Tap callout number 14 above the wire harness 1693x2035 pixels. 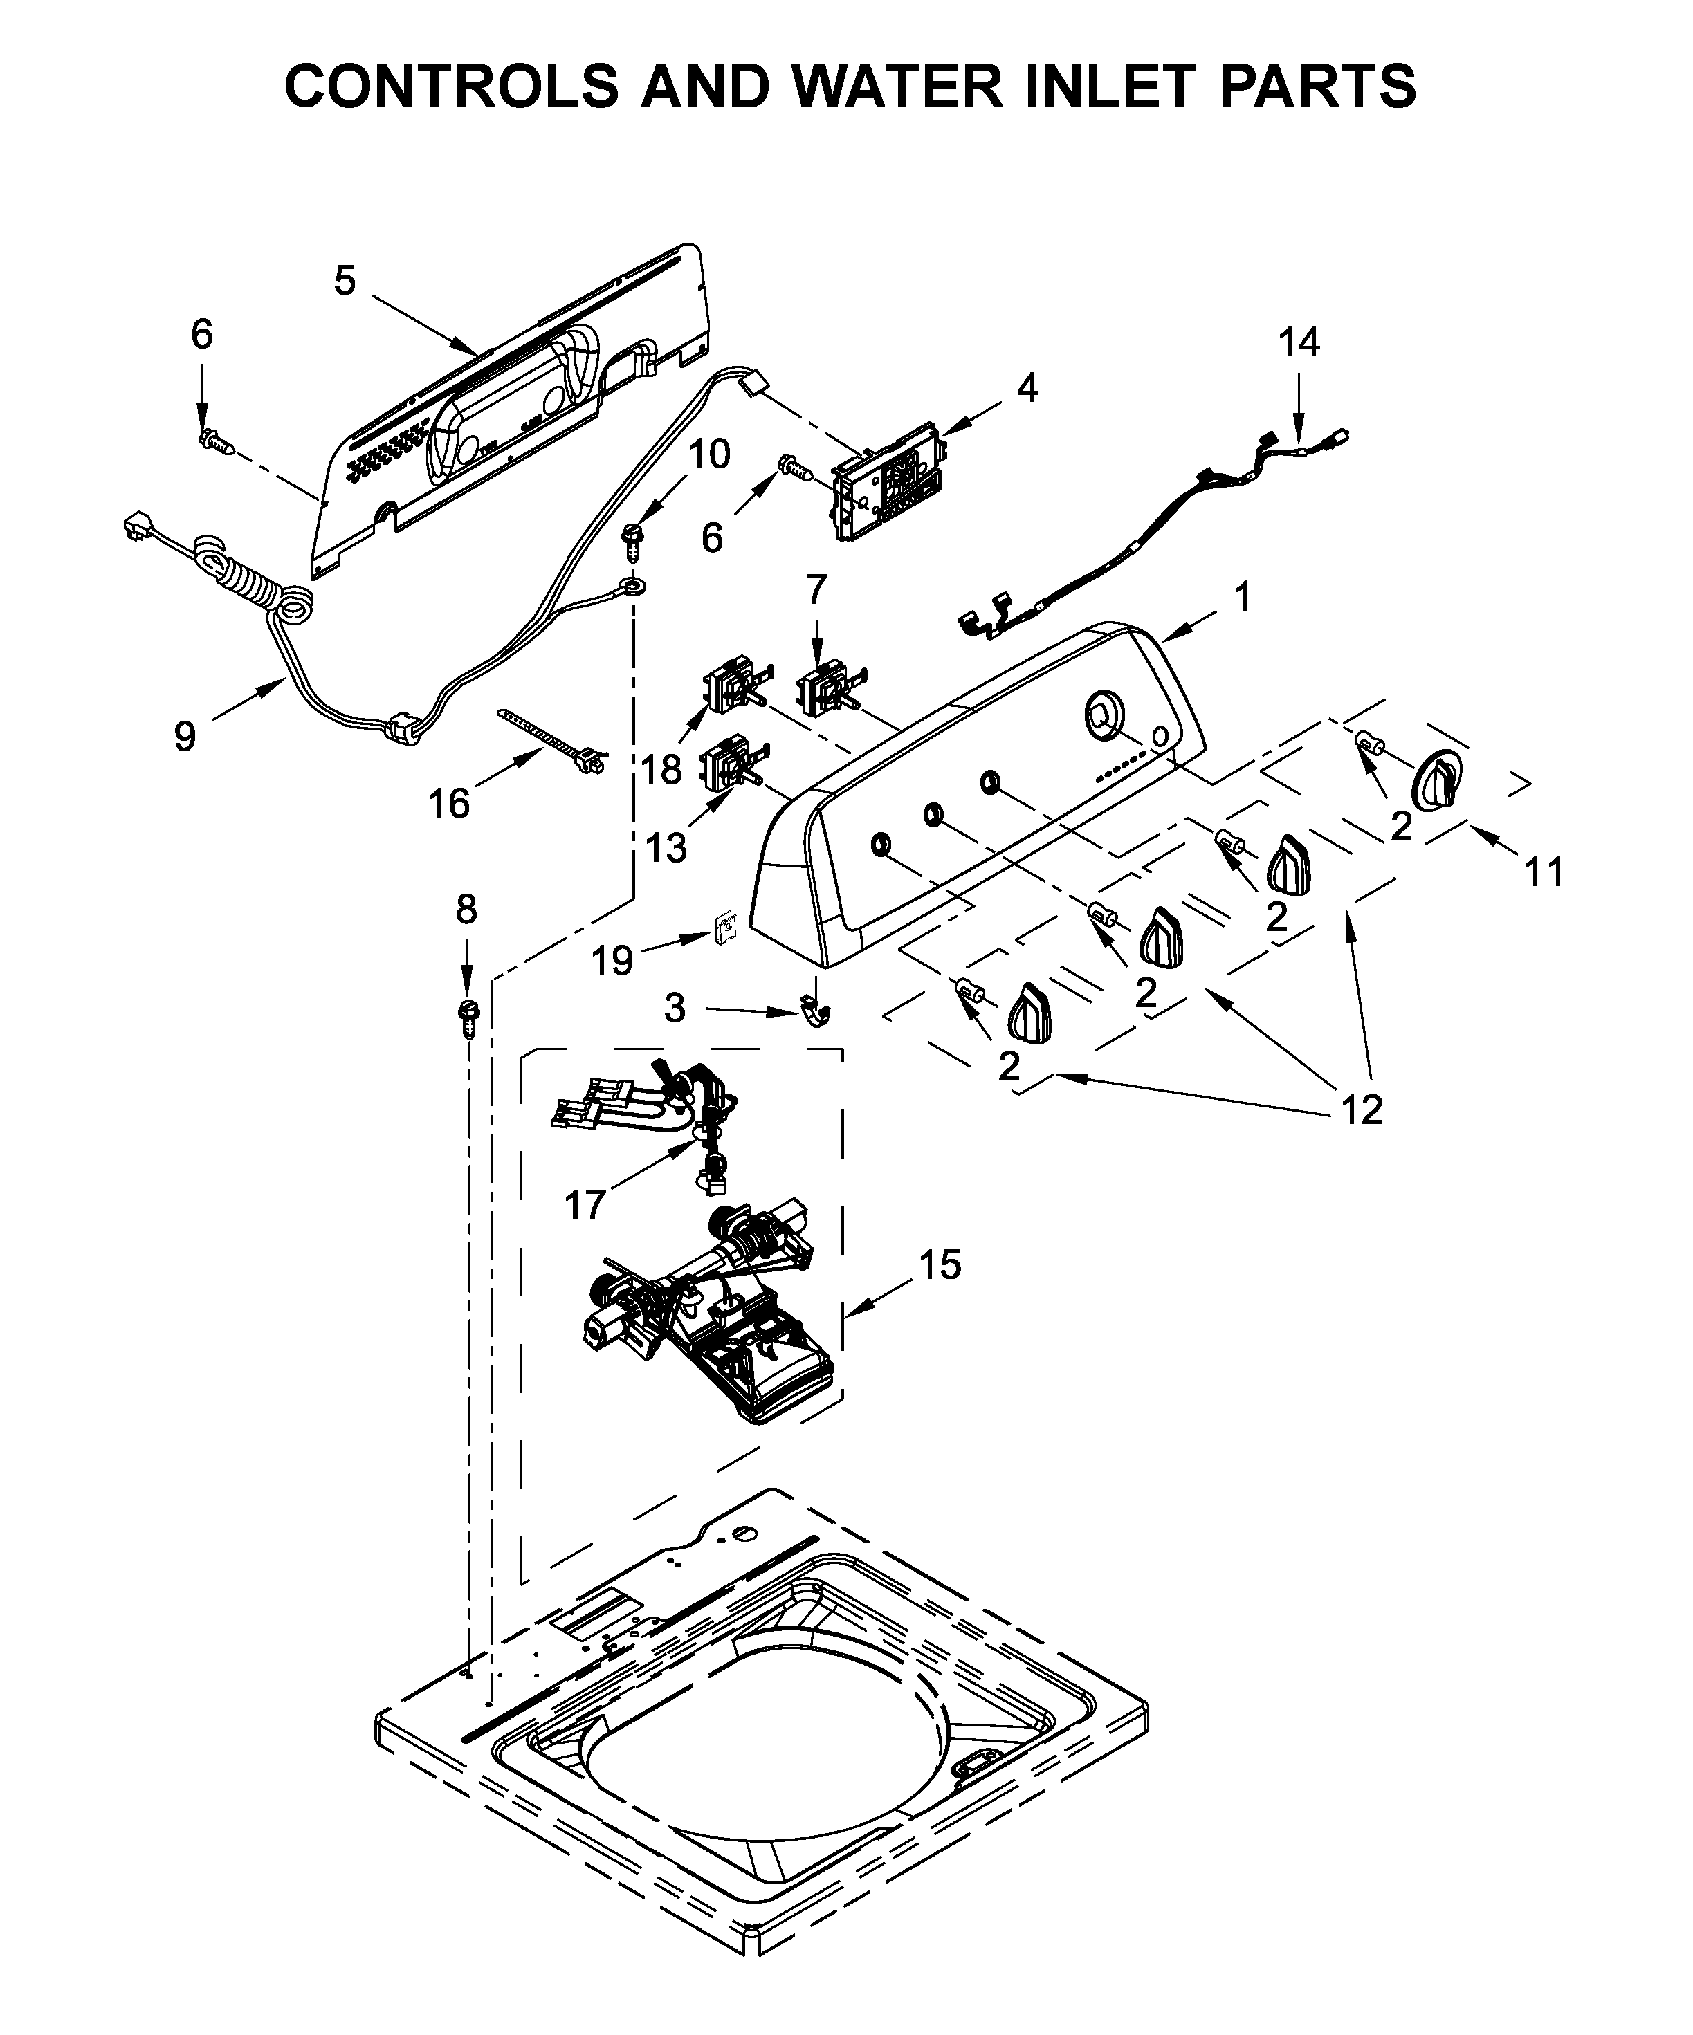(1298, 343)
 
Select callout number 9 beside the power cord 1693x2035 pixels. (185, 737)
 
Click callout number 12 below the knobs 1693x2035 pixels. (1361, 1109)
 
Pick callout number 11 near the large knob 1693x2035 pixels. (1545, 872)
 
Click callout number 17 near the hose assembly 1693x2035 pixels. (585, 1206)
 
